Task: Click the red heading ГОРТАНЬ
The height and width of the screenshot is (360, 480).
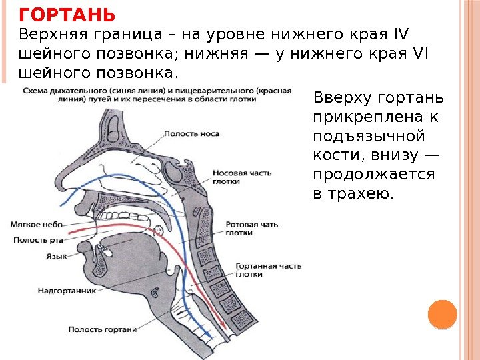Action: pos(67,15)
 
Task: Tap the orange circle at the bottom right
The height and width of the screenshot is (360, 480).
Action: pos(441,314)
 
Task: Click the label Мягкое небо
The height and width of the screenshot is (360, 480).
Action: pos(37,225)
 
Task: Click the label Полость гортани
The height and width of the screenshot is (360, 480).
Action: pos(102,329)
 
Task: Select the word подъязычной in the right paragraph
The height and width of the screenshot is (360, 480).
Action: pos(369,137)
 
